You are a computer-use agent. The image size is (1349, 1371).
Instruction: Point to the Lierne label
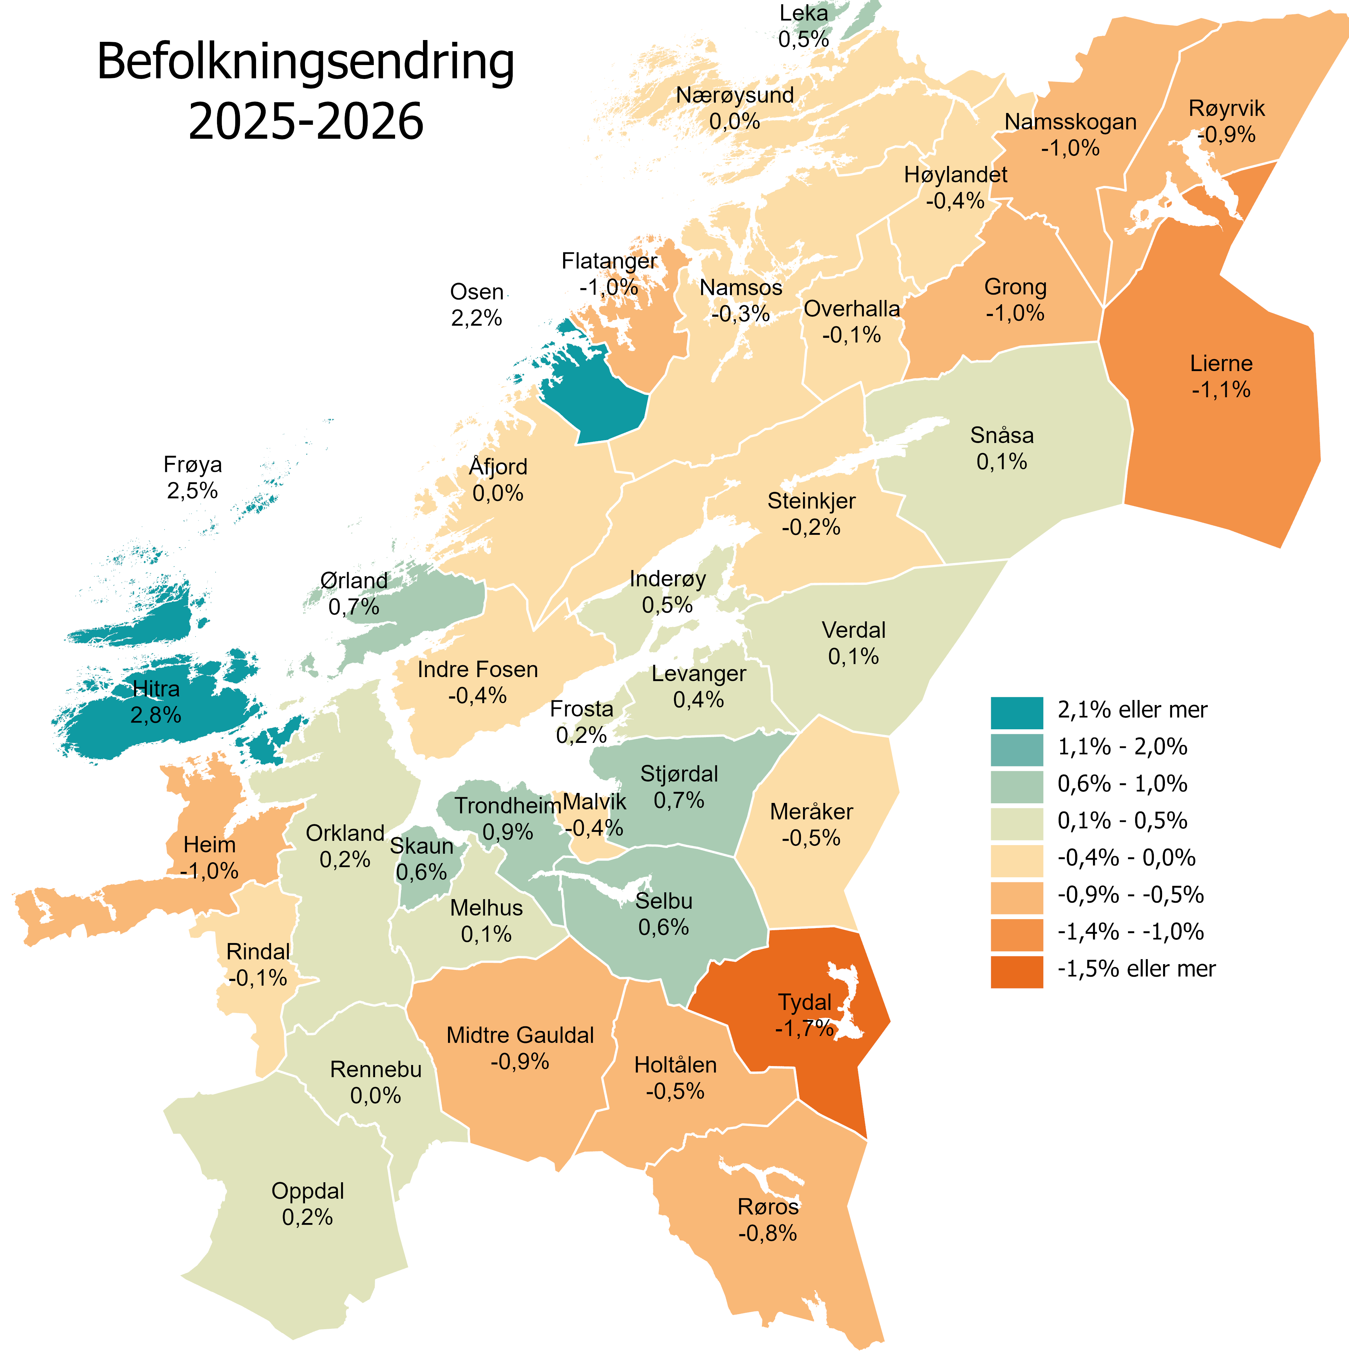pos(1221,364)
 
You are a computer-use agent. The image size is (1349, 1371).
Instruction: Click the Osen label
pos(477,292)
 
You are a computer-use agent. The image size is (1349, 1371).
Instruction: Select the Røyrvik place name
pos(1226,108)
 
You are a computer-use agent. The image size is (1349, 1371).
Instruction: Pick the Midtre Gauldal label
pos(520,1035)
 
